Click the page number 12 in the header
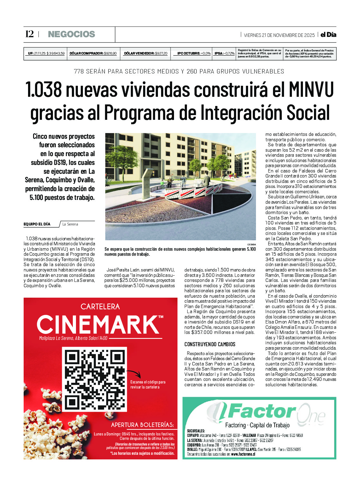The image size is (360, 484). pos(29,34)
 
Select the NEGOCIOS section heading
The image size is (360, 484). pos(71,34)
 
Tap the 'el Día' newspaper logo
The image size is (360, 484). pos(328,35)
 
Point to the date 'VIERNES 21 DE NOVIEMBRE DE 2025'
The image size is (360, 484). pos(279,35)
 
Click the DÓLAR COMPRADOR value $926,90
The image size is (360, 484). pos(110,54)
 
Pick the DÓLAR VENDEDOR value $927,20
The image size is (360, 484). pos(161,54)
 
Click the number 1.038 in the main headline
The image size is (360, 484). pos(44,90)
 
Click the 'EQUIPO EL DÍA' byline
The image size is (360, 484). pos(37,224)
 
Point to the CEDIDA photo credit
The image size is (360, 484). pos(252,244)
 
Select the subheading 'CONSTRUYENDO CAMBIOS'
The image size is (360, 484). pos(210,344)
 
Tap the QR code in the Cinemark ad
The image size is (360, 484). pos(95,379)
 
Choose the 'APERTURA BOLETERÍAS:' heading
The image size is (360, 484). pos(142,425)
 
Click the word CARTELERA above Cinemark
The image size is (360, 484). pos(100,306)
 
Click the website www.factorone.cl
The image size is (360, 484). pos(243,454)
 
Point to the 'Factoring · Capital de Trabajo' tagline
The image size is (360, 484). pos(257,425)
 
